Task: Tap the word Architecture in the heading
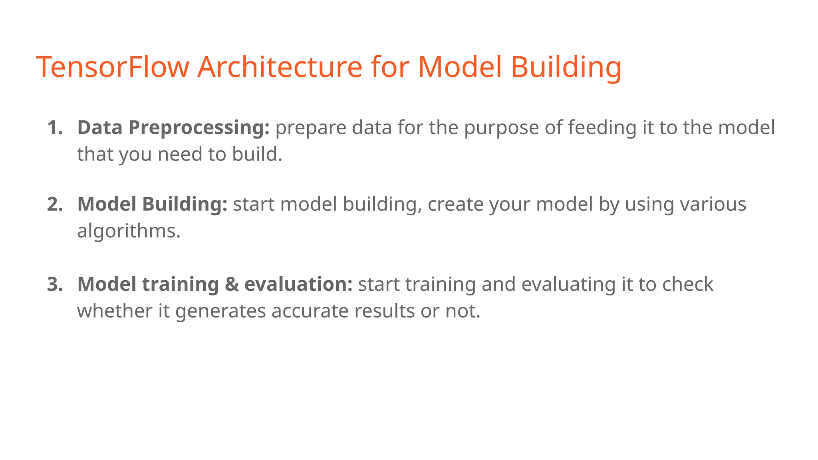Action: pos(280,67)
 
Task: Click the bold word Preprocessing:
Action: pos(199,128)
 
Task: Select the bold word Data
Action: pos(100,128)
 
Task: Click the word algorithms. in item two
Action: pos(129,231)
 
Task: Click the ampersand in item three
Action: pos(232,285)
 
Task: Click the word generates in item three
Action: pos(220,311)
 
